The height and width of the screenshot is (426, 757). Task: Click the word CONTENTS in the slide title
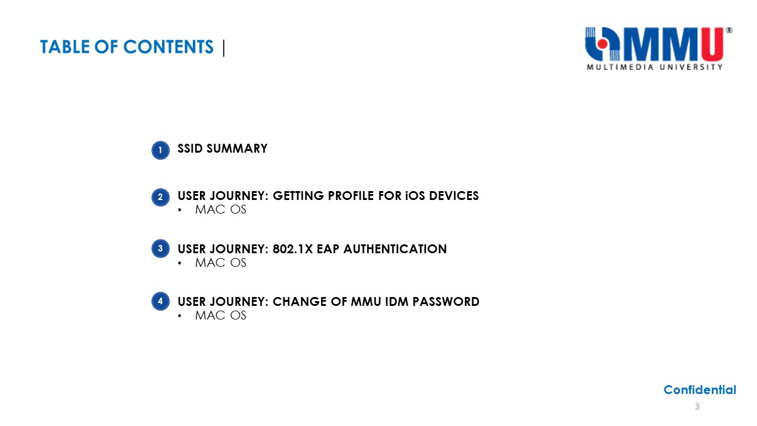[x=169, y=47]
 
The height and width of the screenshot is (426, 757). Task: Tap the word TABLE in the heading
[x=65, y=47]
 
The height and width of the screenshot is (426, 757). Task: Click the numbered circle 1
[x=160, y=150]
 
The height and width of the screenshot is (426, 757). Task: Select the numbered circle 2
[x=160, y=198]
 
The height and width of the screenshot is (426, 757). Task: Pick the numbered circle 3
[x=160, y=248]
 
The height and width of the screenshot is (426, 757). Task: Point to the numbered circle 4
[x=160, y=301]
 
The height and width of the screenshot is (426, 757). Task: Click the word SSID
[x=190, y=149]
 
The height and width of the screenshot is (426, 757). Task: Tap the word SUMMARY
[x=237, y=149]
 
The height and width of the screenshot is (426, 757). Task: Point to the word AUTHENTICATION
[x=395, y=249]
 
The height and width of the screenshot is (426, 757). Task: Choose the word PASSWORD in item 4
[x=446, y=302]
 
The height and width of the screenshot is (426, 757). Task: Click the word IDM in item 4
[x=396, y=302]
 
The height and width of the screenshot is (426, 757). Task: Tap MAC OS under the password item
[x=221, y=315]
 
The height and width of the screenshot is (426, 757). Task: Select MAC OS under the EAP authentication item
[x=221, y=263]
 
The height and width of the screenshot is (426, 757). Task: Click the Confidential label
[x=700, y=390]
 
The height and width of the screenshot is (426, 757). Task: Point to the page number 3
[x=697, y=406]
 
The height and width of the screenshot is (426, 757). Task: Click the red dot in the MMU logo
[x=602, y=44]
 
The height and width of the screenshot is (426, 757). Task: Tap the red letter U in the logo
[x=712, y=44]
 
